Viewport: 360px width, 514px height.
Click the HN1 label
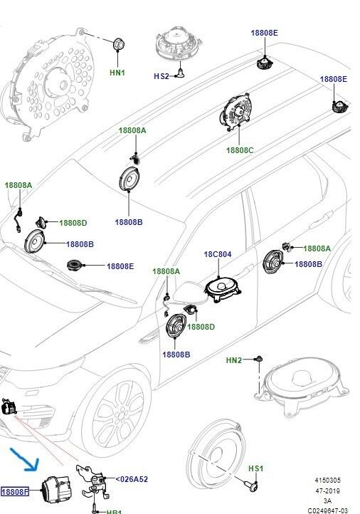(x=117, y=73)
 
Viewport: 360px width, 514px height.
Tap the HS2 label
(x=162, y=76)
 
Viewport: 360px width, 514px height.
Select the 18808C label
(x=240, y=150)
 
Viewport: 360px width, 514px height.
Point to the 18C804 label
(x=218, y=254)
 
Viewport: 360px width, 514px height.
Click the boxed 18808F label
(x=15, y=492)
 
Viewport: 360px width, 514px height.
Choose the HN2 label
(x=234, y=360)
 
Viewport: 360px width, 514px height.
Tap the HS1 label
(x=255, y=468)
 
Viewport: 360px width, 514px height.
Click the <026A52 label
(x=132, y=479)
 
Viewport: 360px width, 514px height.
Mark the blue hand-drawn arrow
(x=26, y=460)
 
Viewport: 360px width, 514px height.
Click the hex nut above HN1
(x=118, y=44)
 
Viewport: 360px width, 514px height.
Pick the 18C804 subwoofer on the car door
(x=223, y=289)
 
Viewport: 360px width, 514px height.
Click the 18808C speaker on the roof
(x=235, y=112)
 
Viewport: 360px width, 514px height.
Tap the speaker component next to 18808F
(x=56, y=489)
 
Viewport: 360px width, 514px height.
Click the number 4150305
(x=327, y=481)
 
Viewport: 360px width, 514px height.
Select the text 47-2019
(x=327, y=491)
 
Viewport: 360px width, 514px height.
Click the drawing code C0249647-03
(x=327, y=510)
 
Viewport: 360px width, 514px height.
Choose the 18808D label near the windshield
(x=73, y=223)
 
